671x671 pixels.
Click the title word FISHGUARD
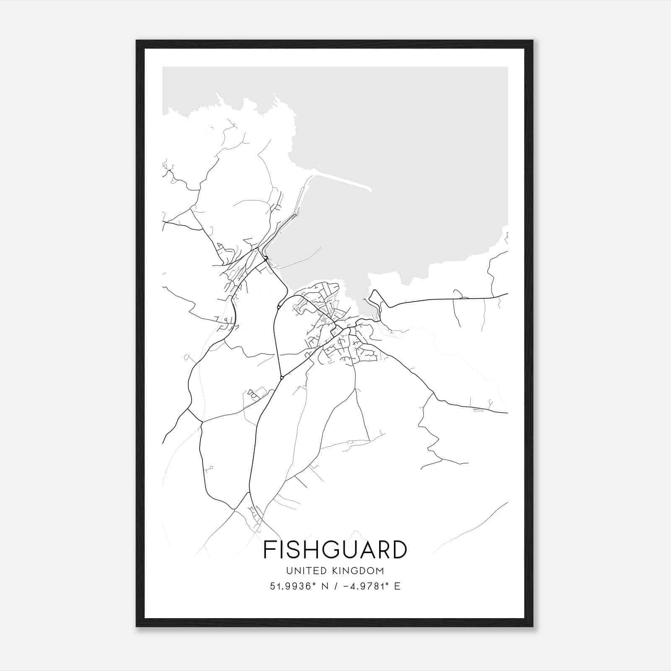pos(335,550)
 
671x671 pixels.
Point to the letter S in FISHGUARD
pos(292,550)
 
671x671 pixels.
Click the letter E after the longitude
pos(397,586)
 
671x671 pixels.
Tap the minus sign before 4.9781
pos(346,586)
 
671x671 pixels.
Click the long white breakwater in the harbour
pos(342,180)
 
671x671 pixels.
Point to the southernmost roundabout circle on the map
pos(282,378)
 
